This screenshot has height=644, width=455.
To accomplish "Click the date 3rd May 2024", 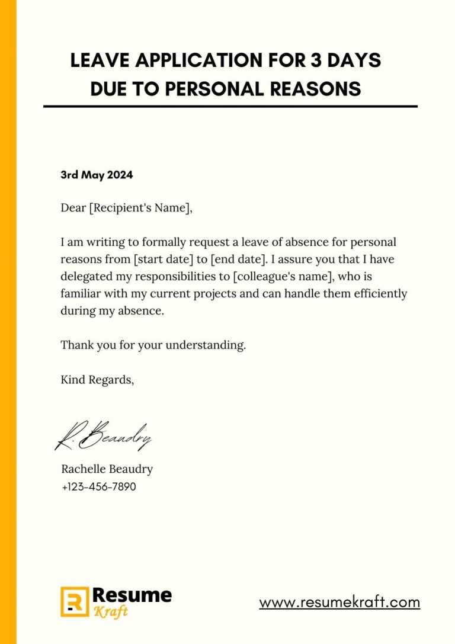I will coord(97,175).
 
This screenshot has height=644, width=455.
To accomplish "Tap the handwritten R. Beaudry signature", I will coord(104,435).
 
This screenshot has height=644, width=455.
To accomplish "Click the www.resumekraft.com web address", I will coord(339,603).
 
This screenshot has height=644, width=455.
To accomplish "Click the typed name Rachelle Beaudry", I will coord(107,469).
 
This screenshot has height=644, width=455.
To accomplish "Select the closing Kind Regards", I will coord(97,380).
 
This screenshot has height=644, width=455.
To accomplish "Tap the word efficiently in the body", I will coord(373,294).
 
